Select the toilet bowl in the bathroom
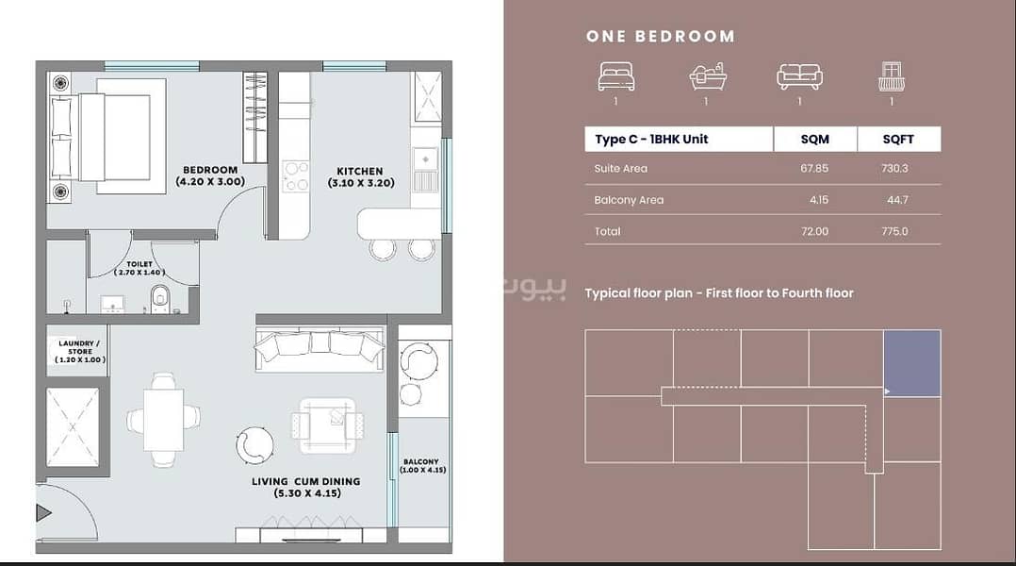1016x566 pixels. [160, 300]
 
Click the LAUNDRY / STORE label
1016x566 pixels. [80, 352]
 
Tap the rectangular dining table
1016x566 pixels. [163, 420]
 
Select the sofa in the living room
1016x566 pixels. [320, 349]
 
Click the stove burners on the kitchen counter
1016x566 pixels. [296, 176]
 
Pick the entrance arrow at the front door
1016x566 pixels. [43, 513]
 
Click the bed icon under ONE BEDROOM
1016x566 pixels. [616, 76]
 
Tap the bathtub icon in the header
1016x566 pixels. [708, 76]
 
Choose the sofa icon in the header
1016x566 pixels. [799, 76]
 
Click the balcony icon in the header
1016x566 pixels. [892, 76]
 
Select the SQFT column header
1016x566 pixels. [898, 139]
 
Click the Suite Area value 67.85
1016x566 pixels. [814, 168]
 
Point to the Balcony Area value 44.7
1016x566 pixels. [897, 200]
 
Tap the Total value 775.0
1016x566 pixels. [894, 231]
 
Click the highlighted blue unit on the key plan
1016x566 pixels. [912, 363]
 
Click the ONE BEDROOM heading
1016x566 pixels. [661, 36]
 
